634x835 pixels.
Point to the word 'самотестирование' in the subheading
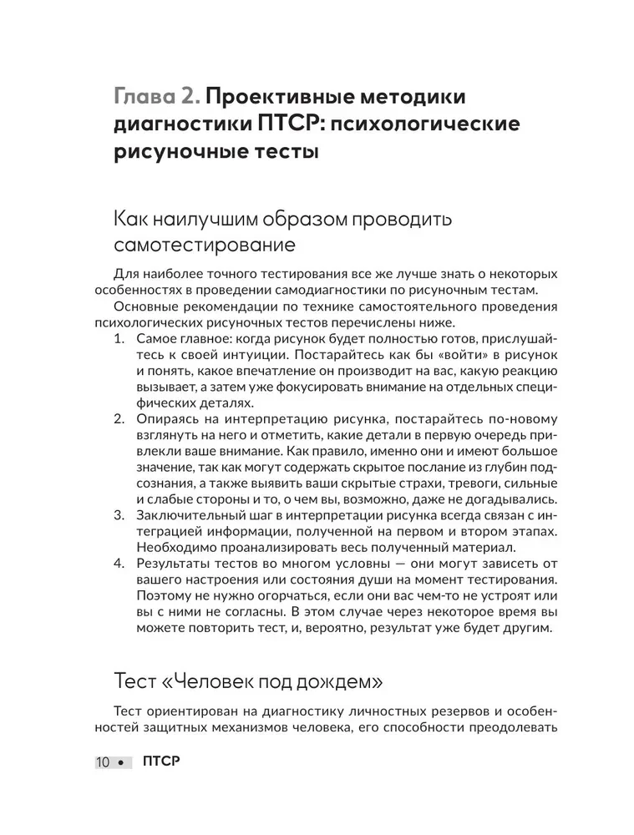pos(204,247)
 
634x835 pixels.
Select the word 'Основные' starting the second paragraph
pos(142,307)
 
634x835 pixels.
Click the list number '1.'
pos(119,341)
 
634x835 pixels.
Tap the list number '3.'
pos(119,514)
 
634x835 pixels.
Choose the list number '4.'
pos(119,566)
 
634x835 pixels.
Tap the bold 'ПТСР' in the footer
pos(161,762)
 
